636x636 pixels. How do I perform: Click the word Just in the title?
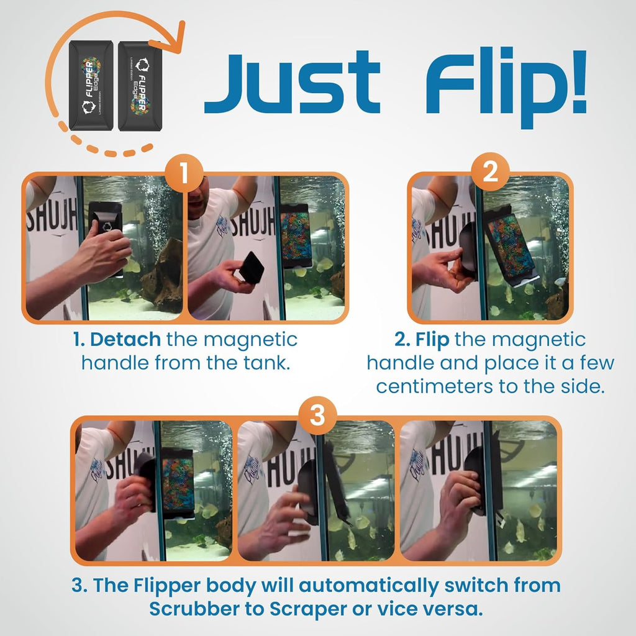[292, 82]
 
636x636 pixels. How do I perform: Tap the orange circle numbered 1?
[184, 175]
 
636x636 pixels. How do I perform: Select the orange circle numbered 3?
[317, 416]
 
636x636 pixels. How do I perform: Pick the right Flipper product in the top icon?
[141, 86]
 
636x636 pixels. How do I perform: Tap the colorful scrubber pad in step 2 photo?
[511, 239]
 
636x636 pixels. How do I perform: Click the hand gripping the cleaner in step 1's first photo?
[102, 252]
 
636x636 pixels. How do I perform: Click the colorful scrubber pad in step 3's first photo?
[178, 484]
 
